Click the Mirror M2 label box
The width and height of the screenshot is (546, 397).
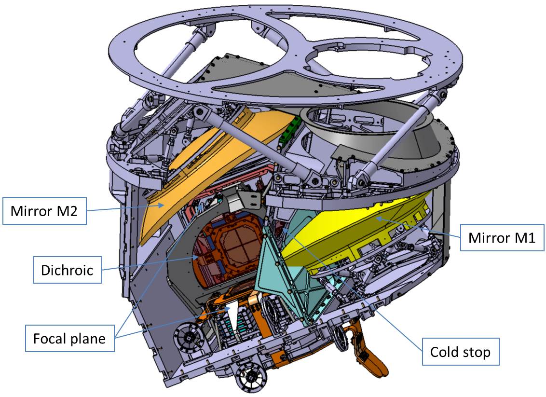click(44, 210)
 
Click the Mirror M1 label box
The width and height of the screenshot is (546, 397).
click(502, 237)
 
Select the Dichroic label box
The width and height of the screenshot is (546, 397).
click(68, 270)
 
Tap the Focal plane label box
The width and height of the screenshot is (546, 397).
click(69, 338)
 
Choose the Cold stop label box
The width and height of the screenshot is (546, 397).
click(461, 352)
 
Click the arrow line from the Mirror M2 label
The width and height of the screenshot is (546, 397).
click(125, 207)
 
